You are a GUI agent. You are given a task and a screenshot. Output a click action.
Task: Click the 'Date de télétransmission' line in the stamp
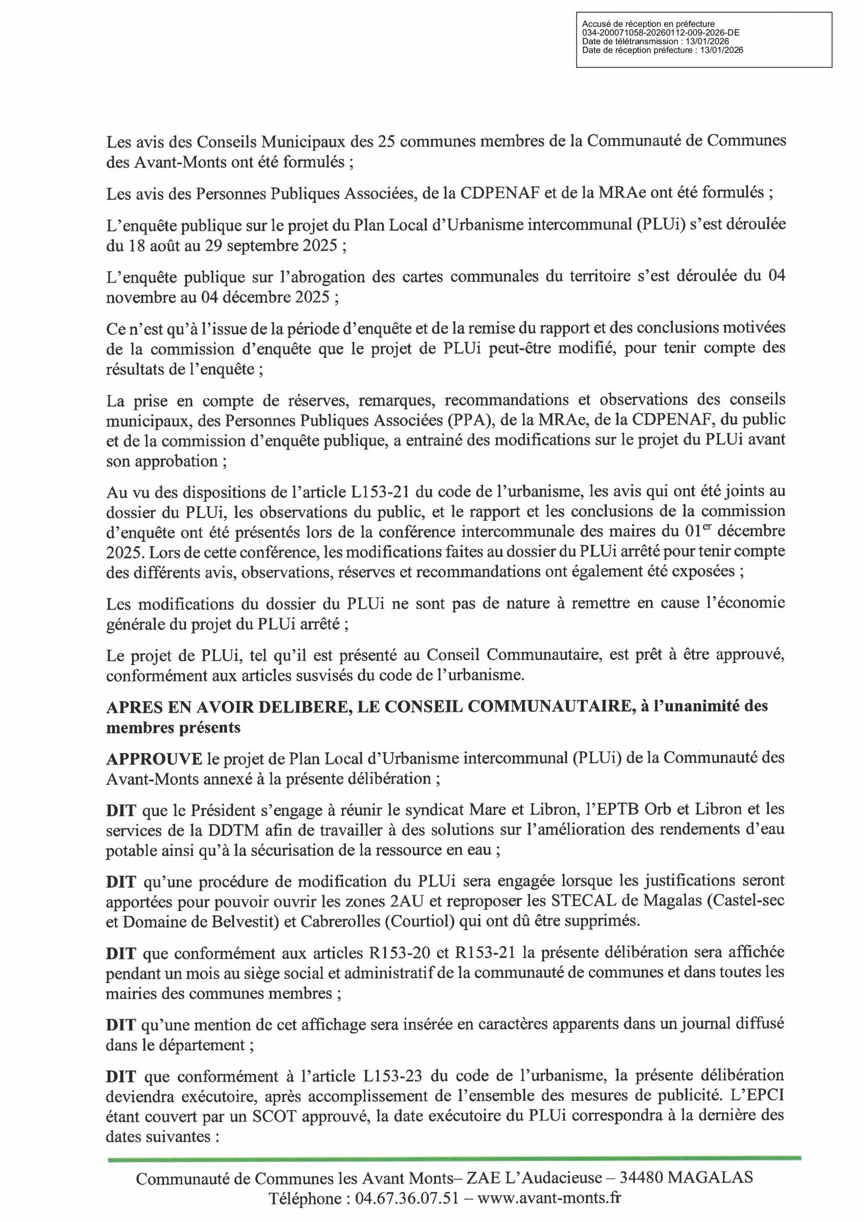[x=656, y=42]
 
